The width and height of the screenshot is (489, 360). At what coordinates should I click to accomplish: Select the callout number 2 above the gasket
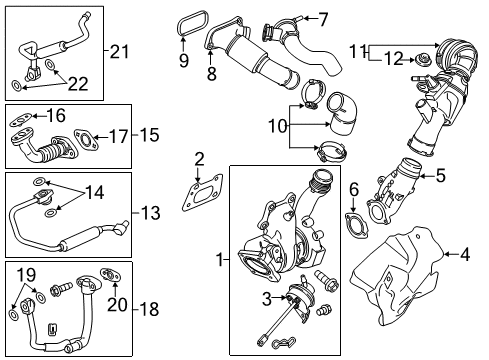coord(199,158)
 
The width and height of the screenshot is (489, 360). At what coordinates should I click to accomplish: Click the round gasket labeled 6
coord(353,221)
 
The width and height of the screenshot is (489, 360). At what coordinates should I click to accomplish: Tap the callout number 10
coord(277,126)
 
